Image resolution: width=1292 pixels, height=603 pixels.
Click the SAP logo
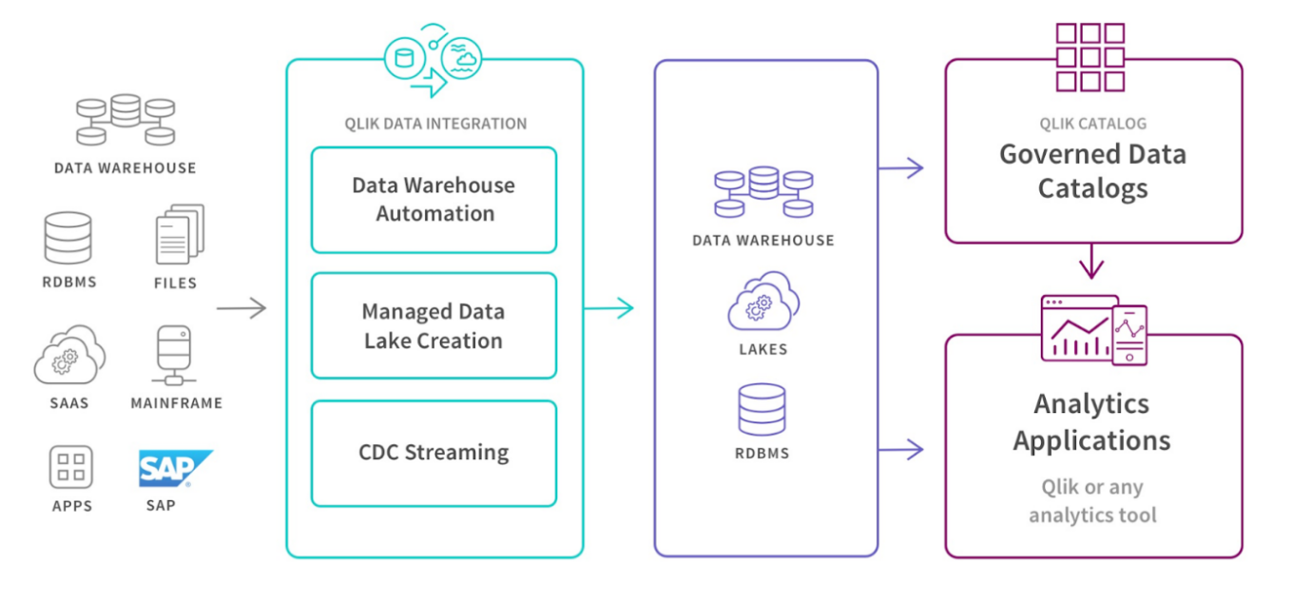(175, 468)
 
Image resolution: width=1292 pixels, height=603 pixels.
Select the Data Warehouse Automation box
(434, 200)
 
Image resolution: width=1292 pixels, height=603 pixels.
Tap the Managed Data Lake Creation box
(434, 325)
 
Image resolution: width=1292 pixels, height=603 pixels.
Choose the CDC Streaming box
(434, 454)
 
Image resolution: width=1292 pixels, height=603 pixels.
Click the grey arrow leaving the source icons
(241, 308)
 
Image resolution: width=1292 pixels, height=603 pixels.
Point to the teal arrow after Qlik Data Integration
(608, 308)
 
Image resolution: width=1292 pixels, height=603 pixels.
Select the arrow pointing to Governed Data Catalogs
(900, 168)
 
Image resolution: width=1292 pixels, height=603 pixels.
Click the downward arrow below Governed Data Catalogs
(1091, 262)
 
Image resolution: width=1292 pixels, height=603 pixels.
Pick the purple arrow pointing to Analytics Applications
(900, 450)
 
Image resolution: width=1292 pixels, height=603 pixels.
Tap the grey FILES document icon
(180, 234)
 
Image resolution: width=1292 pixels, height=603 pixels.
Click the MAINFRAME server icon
(174, 355)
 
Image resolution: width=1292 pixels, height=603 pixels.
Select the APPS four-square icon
(71, 467)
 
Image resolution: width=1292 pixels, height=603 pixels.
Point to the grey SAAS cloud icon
(69, 355)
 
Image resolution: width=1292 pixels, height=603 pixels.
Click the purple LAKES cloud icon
(763, 301)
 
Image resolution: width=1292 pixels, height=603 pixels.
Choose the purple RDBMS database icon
(762, 409)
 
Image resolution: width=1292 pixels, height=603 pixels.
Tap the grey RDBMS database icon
(68, 238)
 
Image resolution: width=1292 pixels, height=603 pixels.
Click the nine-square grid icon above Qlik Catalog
(1090, 57)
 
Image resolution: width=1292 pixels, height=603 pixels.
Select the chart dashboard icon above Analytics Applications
(1093, 330)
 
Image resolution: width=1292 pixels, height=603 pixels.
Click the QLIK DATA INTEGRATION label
(435, 124)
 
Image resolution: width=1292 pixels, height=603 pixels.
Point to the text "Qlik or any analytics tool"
(1092, 501)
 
